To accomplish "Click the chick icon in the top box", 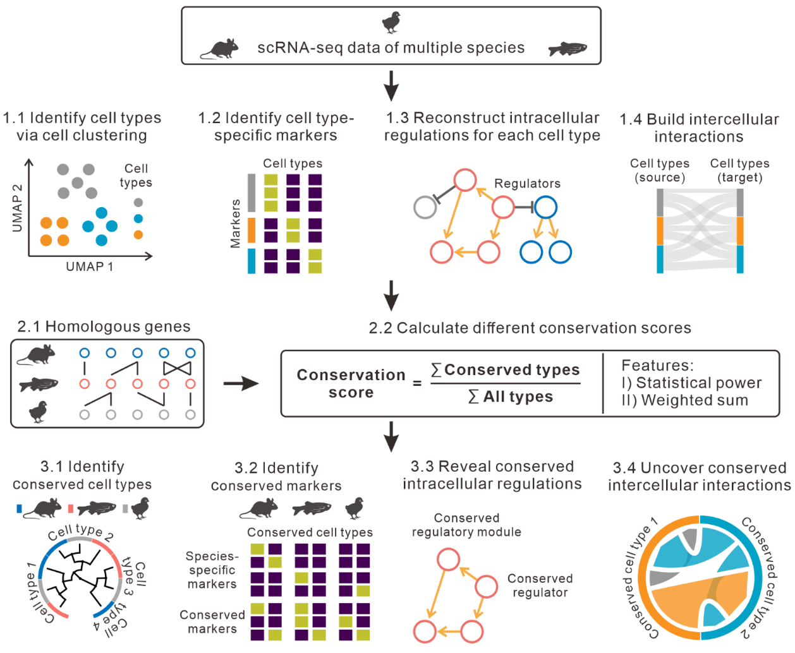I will tap(392, 23).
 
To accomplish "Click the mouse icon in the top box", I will tap(220, 49).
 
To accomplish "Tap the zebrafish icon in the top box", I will tap(567, 49).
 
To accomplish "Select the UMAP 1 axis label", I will tap(89, 267).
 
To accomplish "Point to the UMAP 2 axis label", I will tap(17, 208).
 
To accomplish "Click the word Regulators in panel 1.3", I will tap(527, 183).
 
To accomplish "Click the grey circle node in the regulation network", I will tap(425, 207).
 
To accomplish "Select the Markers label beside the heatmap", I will tap(235, 224).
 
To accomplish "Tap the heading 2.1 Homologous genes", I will tap(104, 326).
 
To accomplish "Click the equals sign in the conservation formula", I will tap(417, 383).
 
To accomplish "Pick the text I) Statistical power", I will tap(691, 383).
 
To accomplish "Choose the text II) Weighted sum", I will tap(685, 400).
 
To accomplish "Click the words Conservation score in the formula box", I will tap(351, 383).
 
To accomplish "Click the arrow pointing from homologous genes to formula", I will tap(241, 383).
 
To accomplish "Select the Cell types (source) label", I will tap(660, 171).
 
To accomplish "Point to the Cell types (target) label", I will tap(739, 171).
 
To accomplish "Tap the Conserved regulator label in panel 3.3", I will tap(540, 585).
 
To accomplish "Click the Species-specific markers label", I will tap(212, 570).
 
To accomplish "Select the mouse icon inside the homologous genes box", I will tap(37, 355).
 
